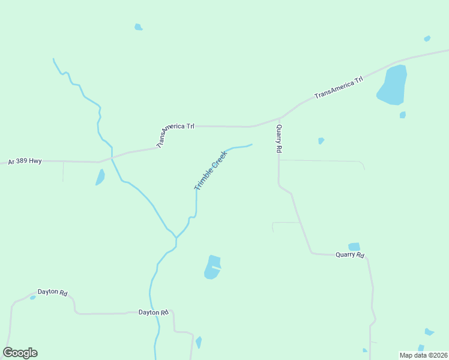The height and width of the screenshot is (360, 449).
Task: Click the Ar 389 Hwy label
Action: click(25, 161)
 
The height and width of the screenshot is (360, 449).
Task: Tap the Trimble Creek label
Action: click(211, 171)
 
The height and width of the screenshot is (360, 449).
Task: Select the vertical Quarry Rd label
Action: click(279, 139)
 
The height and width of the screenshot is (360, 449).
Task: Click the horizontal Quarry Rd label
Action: click(350, 255)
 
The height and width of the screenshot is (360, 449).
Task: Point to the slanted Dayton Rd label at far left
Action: click(52, 292)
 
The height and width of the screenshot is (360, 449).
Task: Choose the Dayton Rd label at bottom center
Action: click(153, 313)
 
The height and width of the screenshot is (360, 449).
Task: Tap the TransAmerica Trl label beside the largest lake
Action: click(339, 87)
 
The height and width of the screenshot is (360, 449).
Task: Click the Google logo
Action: click(20, 353)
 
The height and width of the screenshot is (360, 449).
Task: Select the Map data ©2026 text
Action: click(423, 355)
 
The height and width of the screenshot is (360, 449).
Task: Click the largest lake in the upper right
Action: click(393, 86)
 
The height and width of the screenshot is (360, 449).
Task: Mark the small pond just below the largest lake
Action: click(402, 115)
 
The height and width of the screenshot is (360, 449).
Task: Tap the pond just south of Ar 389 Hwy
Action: click(100, 177)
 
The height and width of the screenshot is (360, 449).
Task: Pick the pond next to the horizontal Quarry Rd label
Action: click(354, 246)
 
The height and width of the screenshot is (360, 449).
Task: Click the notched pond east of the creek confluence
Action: click(211, 268)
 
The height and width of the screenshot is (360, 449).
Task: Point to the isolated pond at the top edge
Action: click(138, 27)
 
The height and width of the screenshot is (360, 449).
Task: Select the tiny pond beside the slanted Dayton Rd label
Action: click(32, 298)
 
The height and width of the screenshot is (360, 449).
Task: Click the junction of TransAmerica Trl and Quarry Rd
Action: click(280, 118)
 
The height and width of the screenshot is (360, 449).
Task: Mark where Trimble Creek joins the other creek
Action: click(176, 238)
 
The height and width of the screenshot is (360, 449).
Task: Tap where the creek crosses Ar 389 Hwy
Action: click(112, 158)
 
